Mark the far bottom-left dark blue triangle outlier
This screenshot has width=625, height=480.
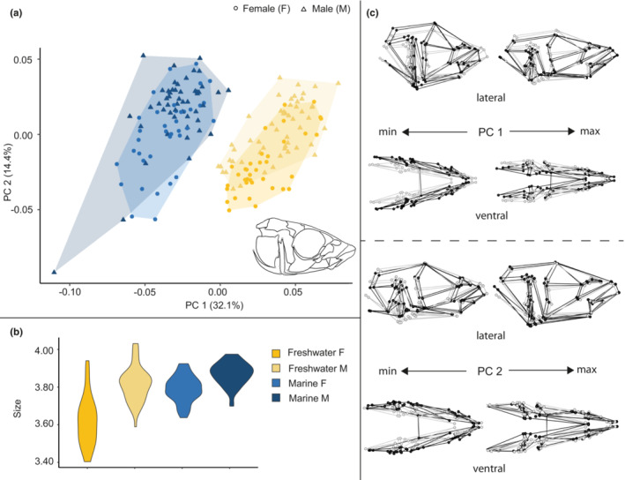click(54, 271)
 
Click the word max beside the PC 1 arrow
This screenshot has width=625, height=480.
click(591, 131)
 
